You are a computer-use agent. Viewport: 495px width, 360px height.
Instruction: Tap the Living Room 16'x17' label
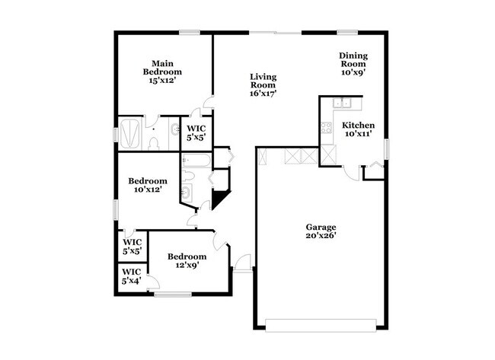pos(263,85)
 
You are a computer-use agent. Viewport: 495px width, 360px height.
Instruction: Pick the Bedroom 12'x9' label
pos(187,261)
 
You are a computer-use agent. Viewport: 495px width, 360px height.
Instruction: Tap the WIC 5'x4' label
pos(131,276)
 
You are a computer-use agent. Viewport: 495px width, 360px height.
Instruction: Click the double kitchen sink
pos(340,104)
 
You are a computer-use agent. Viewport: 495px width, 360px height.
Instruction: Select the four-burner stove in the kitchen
pos(326,128)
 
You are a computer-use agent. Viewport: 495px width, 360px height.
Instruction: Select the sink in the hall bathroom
pos(186,190)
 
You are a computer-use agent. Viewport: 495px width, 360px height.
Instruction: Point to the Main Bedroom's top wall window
pos(190,31)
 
